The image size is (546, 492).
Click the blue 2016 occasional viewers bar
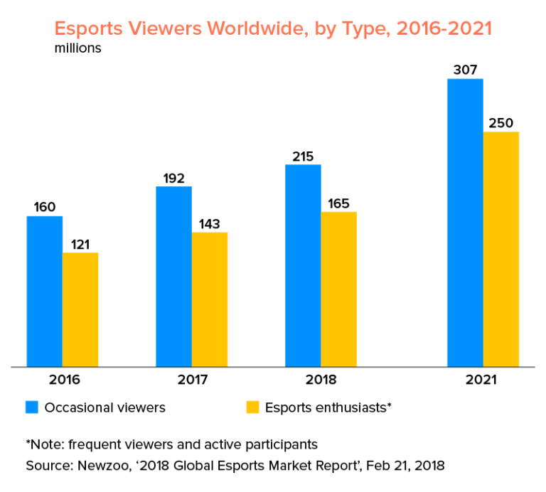[x=45, y=292]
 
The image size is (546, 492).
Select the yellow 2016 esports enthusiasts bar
[x=80, y=310]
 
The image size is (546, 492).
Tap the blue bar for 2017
[x=173, y=277]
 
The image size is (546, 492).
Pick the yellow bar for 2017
[x=210, y=299]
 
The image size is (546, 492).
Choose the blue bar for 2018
[x=303, y=266]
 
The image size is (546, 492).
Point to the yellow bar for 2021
[x=501, y=249]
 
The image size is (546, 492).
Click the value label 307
[x=465, y=70]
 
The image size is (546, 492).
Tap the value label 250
[x=500, y=123]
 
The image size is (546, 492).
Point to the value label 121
[x=80, y=244]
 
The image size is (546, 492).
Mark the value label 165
[x=338, y=203]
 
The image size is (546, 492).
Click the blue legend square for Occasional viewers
[x=32, y=407]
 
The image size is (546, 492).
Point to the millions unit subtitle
[x=77, y=49]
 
